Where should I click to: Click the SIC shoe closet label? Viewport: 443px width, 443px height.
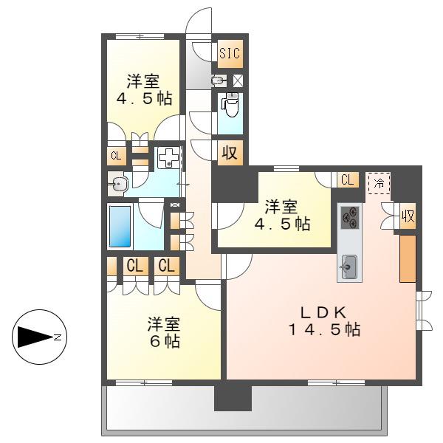click(x=230, y=53)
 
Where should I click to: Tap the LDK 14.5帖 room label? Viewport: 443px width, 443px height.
click(x=324, y=321)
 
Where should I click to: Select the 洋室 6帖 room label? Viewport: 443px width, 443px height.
click(x=164, y=332)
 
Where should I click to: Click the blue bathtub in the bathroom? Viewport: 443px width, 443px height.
click(x=120, y=227)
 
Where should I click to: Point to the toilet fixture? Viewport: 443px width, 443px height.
click(x=231, y=105)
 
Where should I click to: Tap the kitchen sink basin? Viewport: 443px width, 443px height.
click(x=349, y=267)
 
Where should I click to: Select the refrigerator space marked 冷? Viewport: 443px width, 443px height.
click(x=380, y=183)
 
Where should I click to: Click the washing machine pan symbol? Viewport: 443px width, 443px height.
click(x=168, y=158)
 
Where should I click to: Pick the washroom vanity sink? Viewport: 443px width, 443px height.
click(x=118, y=185)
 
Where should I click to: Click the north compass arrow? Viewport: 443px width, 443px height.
click(x=36, y=337)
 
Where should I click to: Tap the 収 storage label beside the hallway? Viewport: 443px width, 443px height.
click(x=230, y=153)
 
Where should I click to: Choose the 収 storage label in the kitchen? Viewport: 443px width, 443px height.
click(x=408, y=216)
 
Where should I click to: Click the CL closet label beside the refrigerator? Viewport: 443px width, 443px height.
click(x=348, y=179)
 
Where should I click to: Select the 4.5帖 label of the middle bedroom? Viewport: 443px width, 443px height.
click(x=283, y=224)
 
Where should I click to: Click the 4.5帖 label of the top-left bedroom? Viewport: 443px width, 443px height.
click(x=145, y=99)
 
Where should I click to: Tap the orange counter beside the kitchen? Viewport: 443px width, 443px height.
click(x=408, y=259)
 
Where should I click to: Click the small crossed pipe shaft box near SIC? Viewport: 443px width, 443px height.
click(x=238, y=80)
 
